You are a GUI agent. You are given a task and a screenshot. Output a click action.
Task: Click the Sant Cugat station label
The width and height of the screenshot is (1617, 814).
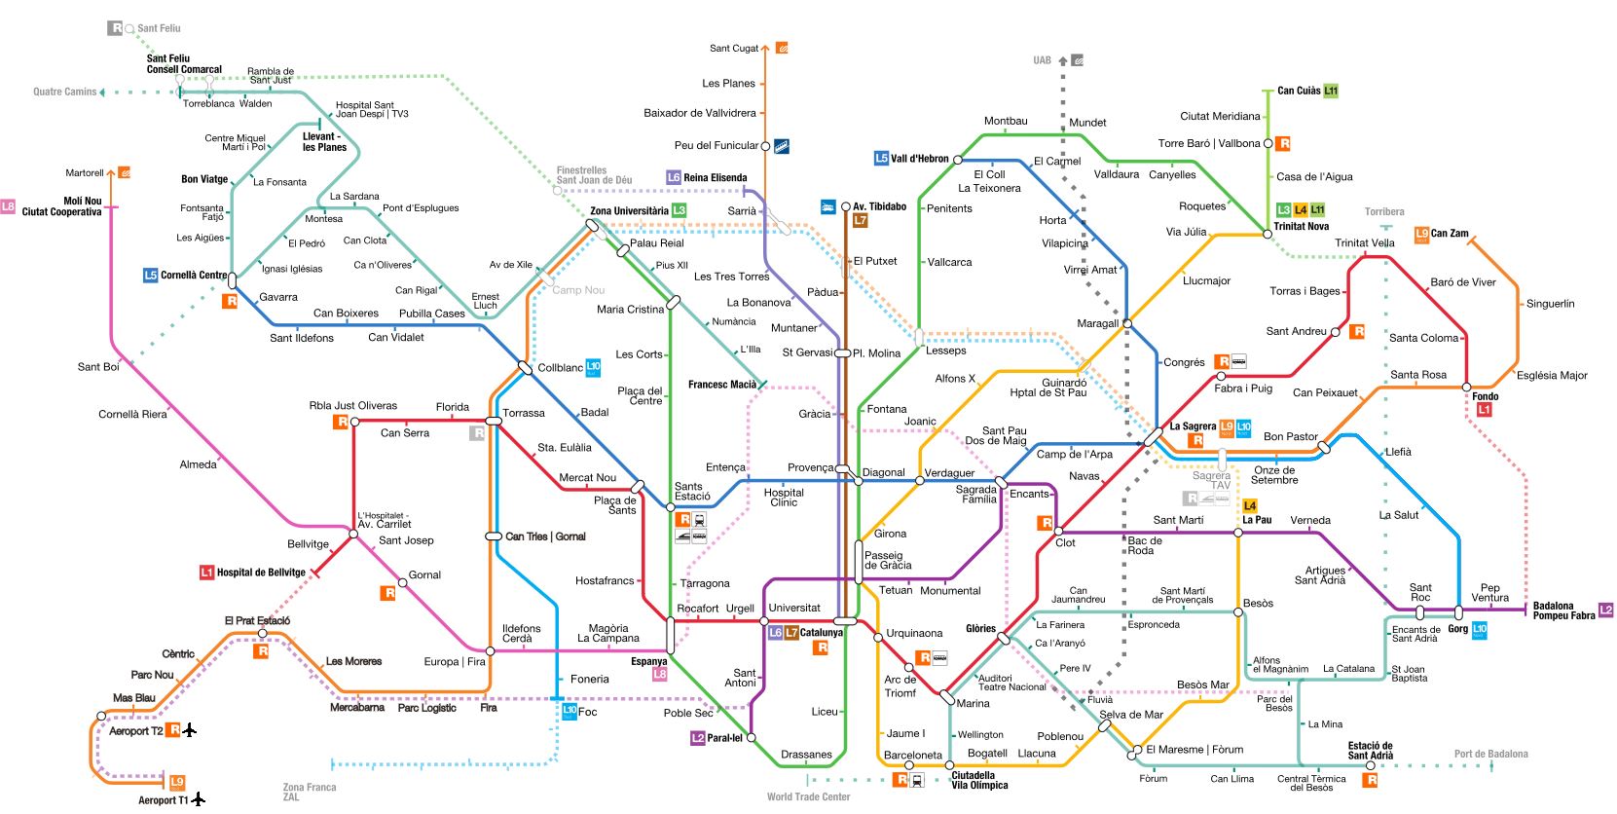tap(733, 49)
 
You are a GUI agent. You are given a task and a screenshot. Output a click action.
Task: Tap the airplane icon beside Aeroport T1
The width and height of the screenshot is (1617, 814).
tap(199, 798)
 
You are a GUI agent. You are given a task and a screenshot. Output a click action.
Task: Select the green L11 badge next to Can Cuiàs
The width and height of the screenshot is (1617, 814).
tap(1331, 91)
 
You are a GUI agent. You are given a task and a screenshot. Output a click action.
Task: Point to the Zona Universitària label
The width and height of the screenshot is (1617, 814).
tap(629, 211)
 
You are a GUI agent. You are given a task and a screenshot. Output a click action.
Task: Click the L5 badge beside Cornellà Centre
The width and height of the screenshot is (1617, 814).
tap(150, 276)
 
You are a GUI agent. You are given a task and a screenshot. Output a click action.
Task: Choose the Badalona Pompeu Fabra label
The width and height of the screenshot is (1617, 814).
tap(1563, 611)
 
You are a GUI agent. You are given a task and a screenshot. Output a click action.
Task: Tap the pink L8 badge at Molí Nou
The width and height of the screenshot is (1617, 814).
tap(8, 206)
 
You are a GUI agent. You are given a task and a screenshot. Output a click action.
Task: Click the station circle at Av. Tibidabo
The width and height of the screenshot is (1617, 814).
tap(845, 206)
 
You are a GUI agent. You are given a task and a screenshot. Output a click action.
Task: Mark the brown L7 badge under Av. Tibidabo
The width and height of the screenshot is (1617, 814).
tap(860, 221)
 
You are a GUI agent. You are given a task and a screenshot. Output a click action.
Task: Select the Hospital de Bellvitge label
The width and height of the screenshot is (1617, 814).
tap(261, 573)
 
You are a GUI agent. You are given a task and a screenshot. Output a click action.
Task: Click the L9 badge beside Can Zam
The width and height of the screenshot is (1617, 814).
tap(1421, 234)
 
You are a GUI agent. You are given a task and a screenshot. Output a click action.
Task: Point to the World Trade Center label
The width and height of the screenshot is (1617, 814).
tap(808, 796)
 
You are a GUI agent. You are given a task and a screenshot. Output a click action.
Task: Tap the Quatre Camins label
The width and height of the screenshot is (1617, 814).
tap(65, 92)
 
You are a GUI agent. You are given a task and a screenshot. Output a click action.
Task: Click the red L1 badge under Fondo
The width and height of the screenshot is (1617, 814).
tap(1484, 410)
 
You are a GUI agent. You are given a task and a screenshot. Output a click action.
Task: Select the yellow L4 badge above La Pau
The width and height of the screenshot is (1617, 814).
tap(1250, 505)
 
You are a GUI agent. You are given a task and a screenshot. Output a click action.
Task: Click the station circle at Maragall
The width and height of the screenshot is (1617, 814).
tap(1127, 323)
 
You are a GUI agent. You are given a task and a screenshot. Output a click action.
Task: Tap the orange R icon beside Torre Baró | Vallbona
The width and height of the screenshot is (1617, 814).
tap(1283, 144)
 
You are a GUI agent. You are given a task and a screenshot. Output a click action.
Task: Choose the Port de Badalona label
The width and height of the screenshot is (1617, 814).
tap(1490, 754)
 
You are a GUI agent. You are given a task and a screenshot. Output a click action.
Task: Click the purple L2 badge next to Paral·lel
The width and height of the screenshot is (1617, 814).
tap(697, 738)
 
